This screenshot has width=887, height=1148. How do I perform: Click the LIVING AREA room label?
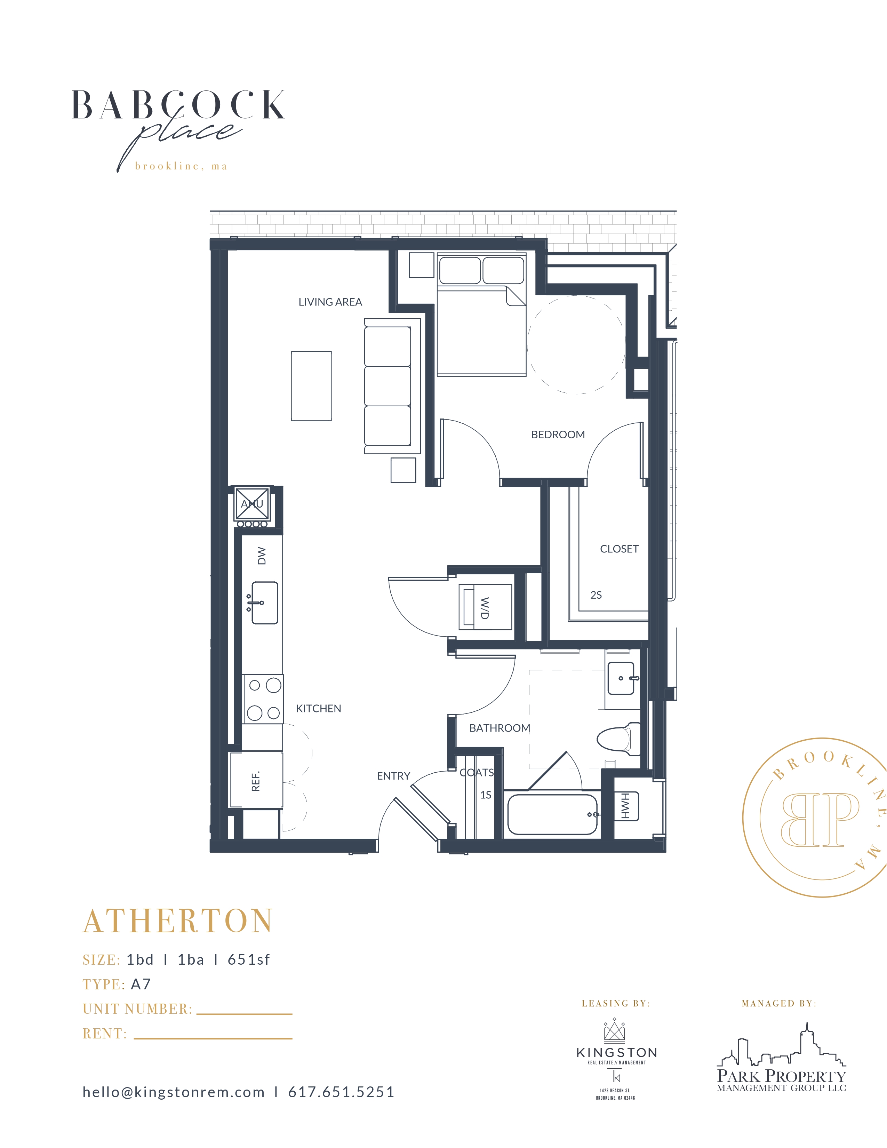(330, 302)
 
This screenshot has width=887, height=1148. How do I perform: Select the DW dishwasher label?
(262, 556)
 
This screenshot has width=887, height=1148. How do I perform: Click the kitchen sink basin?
(265, 603)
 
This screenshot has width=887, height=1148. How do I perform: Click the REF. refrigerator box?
(256, 781)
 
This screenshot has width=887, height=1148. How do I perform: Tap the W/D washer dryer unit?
(485, 607)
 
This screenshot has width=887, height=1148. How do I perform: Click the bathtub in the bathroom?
(552, 815)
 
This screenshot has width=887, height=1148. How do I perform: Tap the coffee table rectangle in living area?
(311, 386)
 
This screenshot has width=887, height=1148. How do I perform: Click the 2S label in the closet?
(596, 595)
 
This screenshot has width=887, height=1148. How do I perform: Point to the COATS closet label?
(477, 773)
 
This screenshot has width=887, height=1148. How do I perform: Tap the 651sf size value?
(249, 960)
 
